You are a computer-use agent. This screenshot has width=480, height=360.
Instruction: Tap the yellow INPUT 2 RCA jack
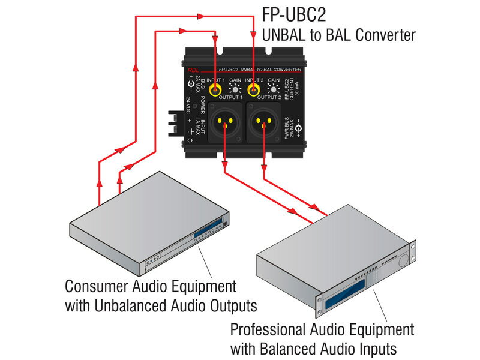[254, 91]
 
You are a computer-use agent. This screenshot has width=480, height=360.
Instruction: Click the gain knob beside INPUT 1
[236, 91]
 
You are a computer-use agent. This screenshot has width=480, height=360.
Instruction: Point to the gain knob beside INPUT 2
[273, 91]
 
